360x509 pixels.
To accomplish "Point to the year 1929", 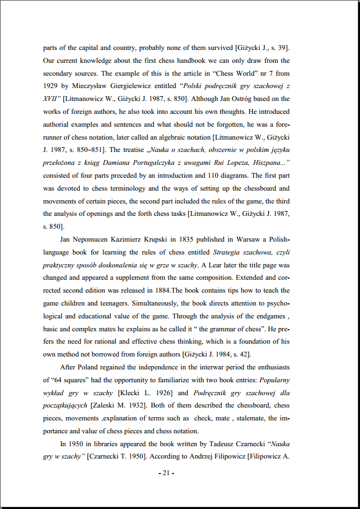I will pyautogui.click(x=51, y=86).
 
